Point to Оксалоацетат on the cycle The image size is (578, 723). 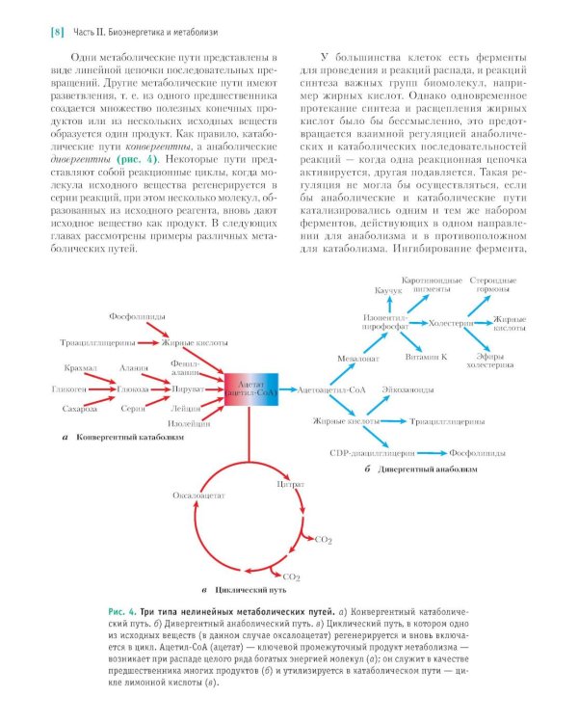point(198,495)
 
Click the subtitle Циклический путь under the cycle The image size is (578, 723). point(247,587)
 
